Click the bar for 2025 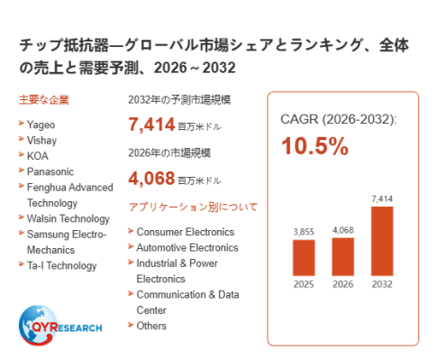pyautogui.click(x=304, y=257)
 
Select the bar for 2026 pyautogui.click(x=342, y=256)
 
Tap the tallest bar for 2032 pyautogui.click(x=382, y=241)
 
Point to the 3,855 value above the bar pyautogui.click(x=304, y=232)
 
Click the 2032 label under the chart pyautogui.click(x=382, y=284)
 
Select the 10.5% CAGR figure pyautogui.click(x=315, y=146)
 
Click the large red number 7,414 pyautogui.click(x=151, y=125)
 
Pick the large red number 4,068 pyautogui.click(x=151, y=178)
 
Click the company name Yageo pyautogui.click(x=41, y=125)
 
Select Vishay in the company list pyautogui.click(x=41, y=141)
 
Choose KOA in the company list pyautogui.click(x=38, y=156)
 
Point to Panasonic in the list pyautogui.click(x=50, y=171)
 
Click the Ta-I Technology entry pyautogui.click(x=62, y=266)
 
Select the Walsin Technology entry pyautogui.click(x=68, y=219)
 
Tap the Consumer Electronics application pyautogui.click(x=186, y=232)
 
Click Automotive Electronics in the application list pyautogui.click(x=187, y=247)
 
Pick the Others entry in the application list pyautogui.click(x=151, y=326)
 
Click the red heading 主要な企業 pyautogui.click(x=44, y=100)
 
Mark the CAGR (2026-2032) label pyautogui.click(x=339, y=119)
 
